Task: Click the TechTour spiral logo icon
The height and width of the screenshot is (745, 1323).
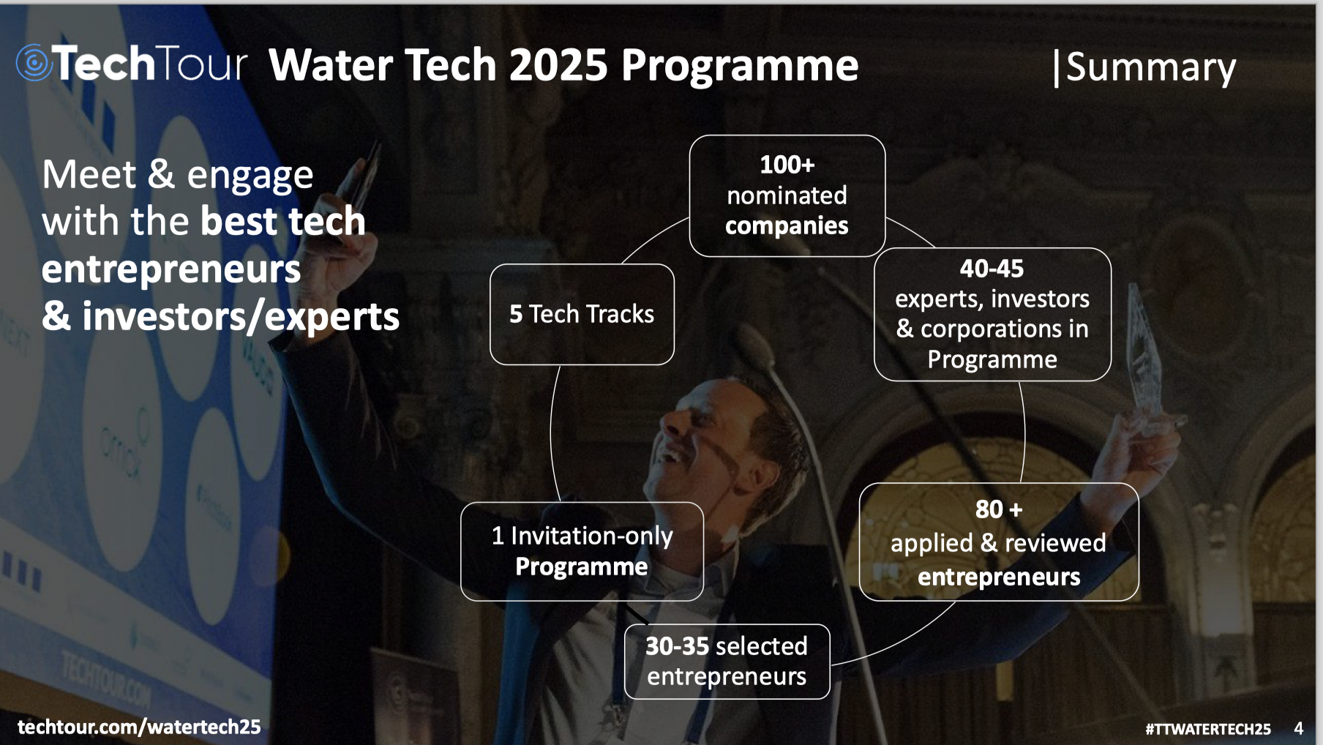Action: pyautogui.click(x=34, y=63)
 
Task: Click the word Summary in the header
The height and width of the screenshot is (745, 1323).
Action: pyautogui.click(x=1150, y=67)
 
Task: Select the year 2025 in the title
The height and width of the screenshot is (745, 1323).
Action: pyautogui.click(x=558, y=65)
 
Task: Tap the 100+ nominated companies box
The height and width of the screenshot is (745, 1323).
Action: pyautogui.click(x=787, y=195)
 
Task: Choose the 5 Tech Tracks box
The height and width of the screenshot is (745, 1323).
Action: pyautogui.click(x=582, y=314)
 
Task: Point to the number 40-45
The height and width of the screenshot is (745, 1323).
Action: pyautogui.click(x=992, y=269)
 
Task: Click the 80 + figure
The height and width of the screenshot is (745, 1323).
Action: pyautogui.click(x=998, y=509)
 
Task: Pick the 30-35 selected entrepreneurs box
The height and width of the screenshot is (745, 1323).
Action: pyautogui.click(x=727, y=661)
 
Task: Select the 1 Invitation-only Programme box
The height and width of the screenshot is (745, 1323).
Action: pyautogui.click(x=582, y=551)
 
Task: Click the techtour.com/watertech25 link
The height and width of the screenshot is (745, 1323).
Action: pyautogui.click(x=139, y=727)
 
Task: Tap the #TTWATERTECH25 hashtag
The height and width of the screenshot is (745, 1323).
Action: pyautogui.click(x=1207, y=729)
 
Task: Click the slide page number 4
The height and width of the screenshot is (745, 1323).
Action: pyautogui.click(x=1298, y=728)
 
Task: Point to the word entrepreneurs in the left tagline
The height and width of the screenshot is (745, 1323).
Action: pyautogui.click(x=171, y=269)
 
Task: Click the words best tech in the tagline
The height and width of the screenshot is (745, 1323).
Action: pyautogui.click(x=282, y=222)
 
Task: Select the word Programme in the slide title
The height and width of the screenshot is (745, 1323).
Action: pyautogui.click(x=739, y=66)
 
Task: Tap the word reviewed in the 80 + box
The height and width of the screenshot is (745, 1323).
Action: pyautogui.click(x=1054, y=543)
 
